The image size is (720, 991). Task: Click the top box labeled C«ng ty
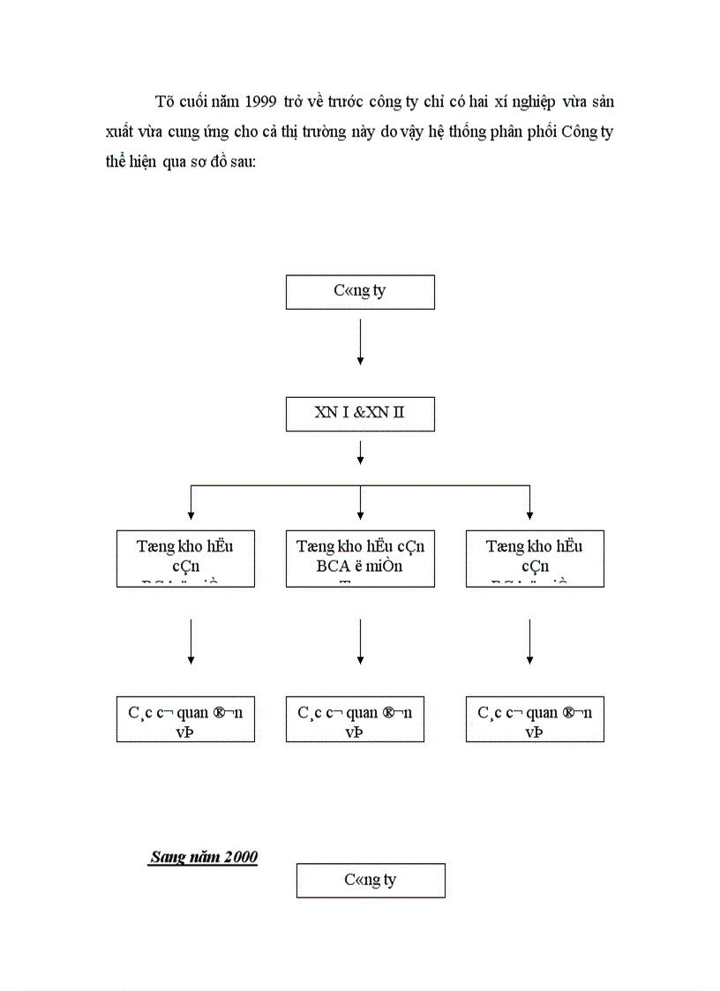(360, 291)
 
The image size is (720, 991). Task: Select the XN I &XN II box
(360, 413)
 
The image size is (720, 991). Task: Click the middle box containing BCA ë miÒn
(360, 558)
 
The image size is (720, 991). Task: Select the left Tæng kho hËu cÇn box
(185, 558)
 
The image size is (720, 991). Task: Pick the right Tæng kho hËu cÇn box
(535, 558)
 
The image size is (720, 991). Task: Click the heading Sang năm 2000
(204, 857)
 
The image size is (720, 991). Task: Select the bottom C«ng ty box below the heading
(371, 880)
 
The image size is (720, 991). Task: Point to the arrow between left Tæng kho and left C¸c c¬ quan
(191, 642)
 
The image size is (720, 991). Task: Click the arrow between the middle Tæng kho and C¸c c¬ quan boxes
(360, 642)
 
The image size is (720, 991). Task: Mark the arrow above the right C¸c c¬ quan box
(529, 642)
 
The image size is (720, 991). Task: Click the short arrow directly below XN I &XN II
(360, 454)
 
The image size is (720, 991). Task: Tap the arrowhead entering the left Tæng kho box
(191, 514)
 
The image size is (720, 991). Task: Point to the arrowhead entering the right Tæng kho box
(529, 514)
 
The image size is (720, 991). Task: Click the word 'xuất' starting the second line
(119, 134)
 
